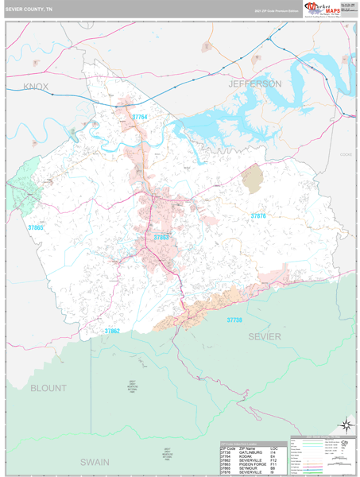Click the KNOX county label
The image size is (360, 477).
(36, 86)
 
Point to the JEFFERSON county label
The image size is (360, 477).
(254, 83)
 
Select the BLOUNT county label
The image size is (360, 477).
(50, 388)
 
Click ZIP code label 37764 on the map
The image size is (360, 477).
(140, 117)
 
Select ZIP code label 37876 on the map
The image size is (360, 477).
(259, 215)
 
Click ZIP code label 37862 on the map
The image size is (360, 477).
(111, 331)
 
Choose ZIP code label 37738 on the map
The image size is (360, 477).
(234, 320)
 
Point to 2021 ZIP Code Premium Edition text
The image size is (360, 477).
(269, 11)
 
